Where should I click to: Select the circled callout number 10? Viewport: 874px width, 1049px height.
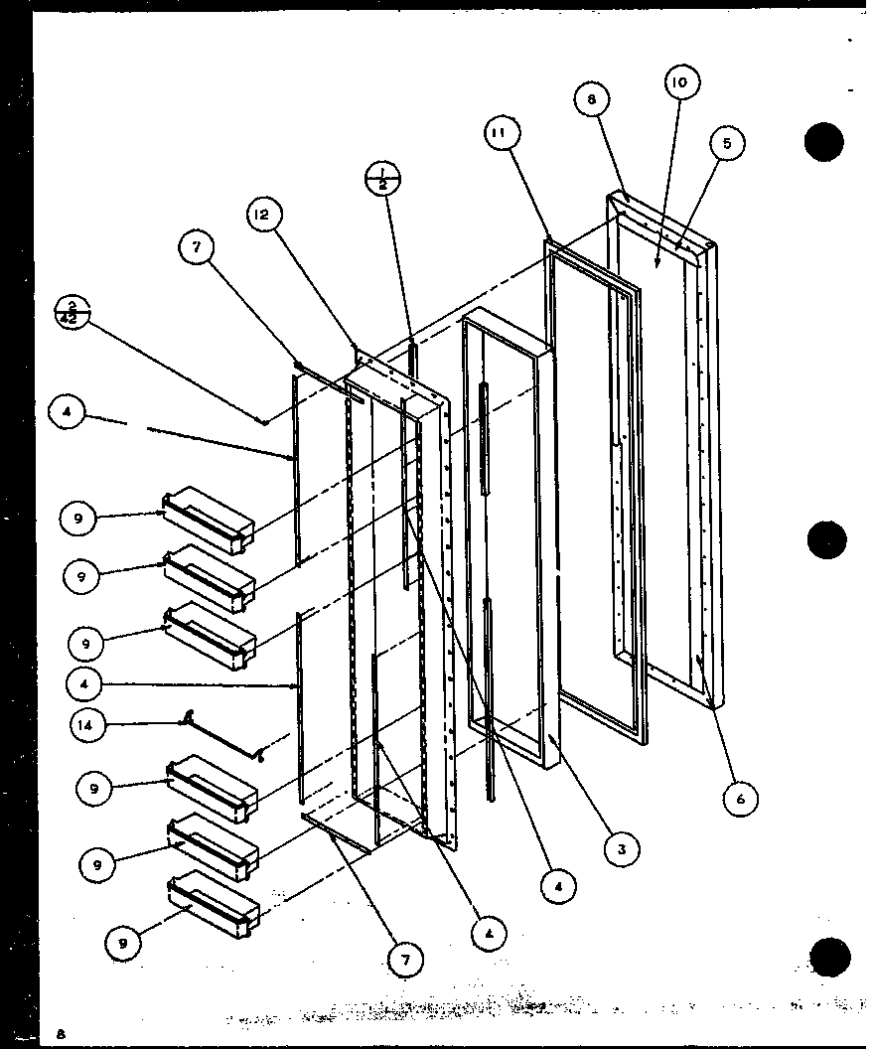coord(679,82)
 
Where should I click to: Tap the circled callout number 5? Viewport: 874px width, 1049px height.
coord(726,144)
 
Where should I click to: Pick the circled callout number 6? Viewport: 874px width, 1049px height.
coord(740,797)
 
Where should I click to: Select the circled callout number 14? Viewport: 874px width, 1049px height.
coord(87,725)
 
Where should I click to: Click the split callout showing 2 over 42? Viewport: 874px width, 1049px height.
coord(73,309)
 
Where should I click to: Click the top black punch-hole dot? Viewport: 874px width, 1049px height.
coord(824,142)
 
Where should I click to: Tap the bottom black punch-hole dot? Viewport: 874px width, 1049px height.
coord(830,956)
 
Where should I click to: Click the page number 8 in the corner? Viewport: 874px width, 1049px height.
coord(62,1033)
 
